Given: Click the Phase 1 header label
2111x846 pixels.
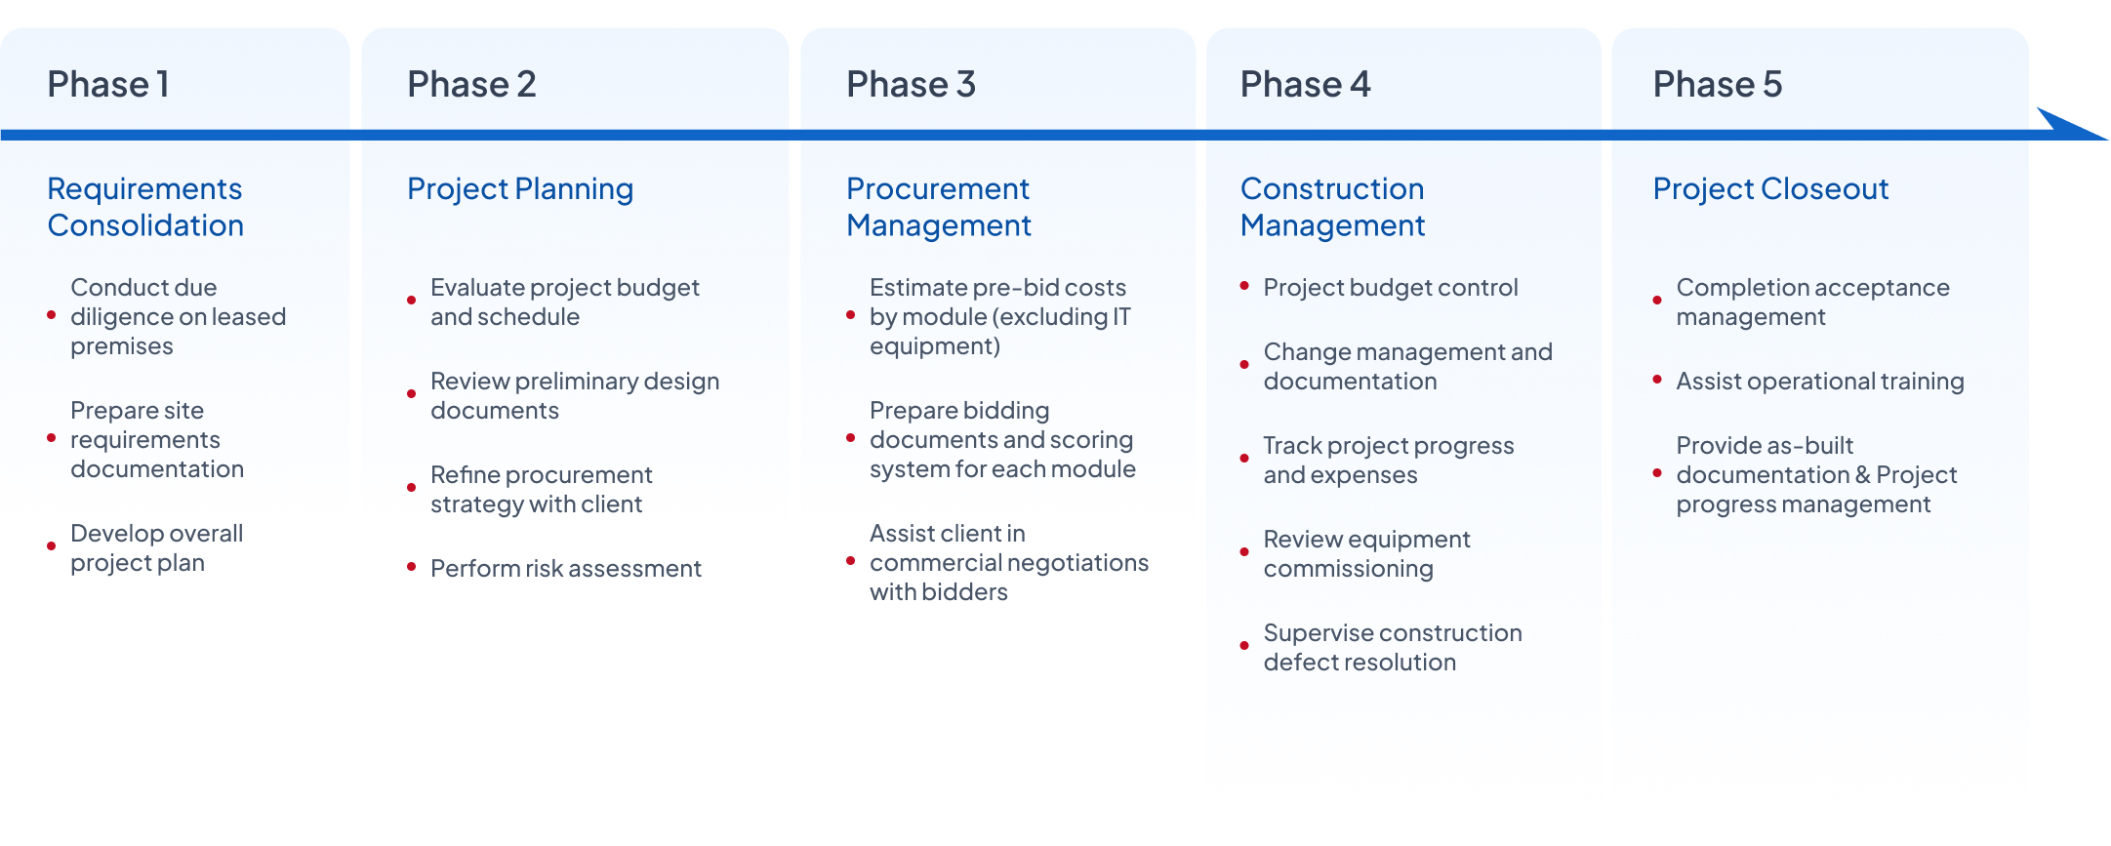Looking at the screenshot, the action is (108, 85).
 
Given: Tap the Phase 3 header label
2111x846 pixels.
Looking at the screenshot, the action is (911, 85).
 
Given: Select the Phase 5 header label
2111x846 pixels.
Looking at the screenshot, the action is (1718, 85).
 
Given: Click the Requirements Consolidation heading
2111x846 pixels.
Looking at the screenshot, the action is (145, 207).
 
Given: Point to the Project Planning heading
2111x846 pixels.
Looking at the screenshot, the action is (520, 189).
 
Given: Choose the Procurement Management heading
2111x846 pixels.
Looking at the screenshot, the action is (939, 207).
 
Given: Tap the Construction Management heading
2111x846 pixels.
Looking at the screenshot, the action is (1333, 207).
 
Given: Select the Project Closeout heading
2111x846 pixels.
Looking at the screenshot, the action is (1771, 189).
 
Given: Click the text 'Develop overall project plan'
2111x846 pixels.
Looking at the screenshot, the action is (157, 547).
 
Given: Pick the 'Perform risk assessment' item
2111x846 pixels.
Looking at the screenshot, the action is (566, 568).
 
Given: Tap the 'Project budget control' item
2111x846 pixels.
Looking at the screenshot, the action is (1391, 288).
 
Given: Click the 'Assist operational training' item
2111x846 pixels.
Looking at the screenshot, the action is (1820, 382).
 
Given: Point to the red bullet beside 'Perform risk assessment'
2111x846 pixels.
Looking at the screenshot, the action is (412, 567).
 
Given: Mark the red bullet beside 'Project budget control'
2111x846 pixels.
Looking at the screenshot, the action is (1244, 286).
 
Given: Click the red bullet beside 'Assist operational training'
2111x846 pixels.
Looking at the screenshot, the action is (1657, 380).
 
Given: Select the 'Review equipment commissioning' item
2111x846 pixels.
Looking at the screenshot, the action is (1366, 553).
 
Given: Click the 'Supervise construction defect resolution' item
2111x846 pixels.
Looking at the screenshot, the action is (1393, 647).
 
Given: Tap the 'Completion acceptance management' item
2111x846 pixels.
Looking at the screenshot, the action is (1812, 302).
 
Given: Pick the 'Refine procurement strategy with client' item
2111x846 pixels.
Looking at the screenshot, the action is (542, 489).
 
